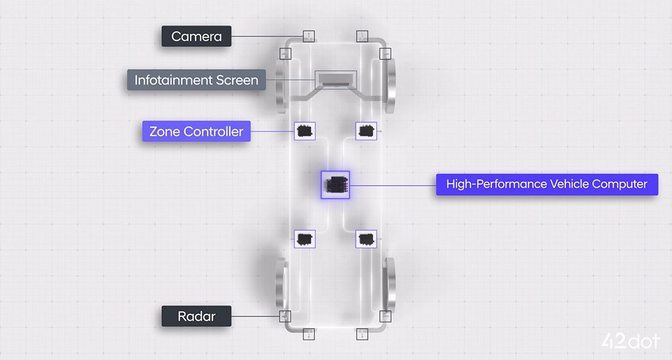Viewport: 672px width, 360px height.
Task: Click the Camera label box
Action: (x=196, y=37)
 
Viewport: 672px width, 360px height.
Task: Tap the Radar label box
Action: (x=196, y=316)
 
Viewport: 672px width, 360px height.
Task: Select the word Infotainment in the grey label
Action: (x=173, y=80)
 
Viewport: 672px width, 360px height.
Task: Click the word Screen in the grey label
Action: (x=237, y=80)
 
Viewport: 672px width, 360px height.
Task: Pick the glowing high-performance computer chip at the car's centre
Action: (x=335, y=185)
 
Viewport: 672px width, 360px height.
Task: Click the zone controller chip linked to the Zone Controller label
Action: (x=305, y=130)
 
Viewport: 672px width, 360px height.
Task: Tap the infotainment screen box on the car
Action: (x=335, y=79)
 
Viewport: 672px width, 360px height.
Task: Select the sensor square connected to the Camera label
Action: (x=308, y=37)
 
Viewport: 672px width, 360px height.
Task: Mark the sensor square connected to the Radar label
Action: (x=285, y=316)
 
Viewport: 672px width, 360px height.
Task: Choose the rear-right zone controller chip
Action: (x=366, y=238)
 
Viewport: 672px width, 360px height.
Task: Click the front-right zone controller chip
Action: (x=366, y=130)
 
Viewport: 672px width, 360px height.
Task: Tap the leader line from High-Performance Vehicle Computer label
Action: (x=393, y=185)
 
